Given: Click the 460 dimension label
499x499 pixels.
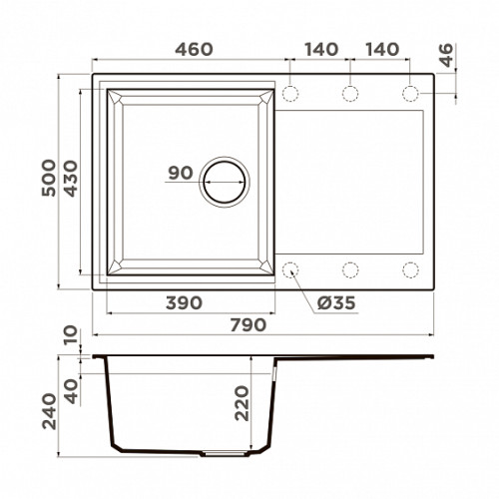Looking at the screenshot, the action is coord(194,49).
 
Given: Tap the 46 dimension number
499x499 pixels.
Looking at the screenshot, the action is coord(446,55).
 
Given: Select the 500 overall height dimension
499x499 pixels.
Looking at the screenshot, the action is coord(49,178).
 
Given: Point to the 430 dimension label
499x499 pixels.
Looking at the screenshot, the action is coord(71,179).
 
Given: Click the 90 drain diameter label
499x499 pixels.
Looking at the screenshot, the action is coord(181,173).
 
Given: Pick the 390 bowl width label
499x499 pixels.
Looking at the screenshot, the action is coord(184,303).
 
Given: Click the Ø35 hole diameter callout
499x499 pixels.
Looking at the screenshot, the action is coord(336,303).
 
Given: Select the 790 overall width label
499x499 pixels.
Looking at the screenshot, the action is coord(249,325).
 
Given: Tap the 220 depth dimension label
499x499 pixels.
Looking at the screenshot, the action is coord(242,403).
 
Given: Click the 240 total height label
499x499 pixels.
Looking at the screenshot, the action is coord(49,411).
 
